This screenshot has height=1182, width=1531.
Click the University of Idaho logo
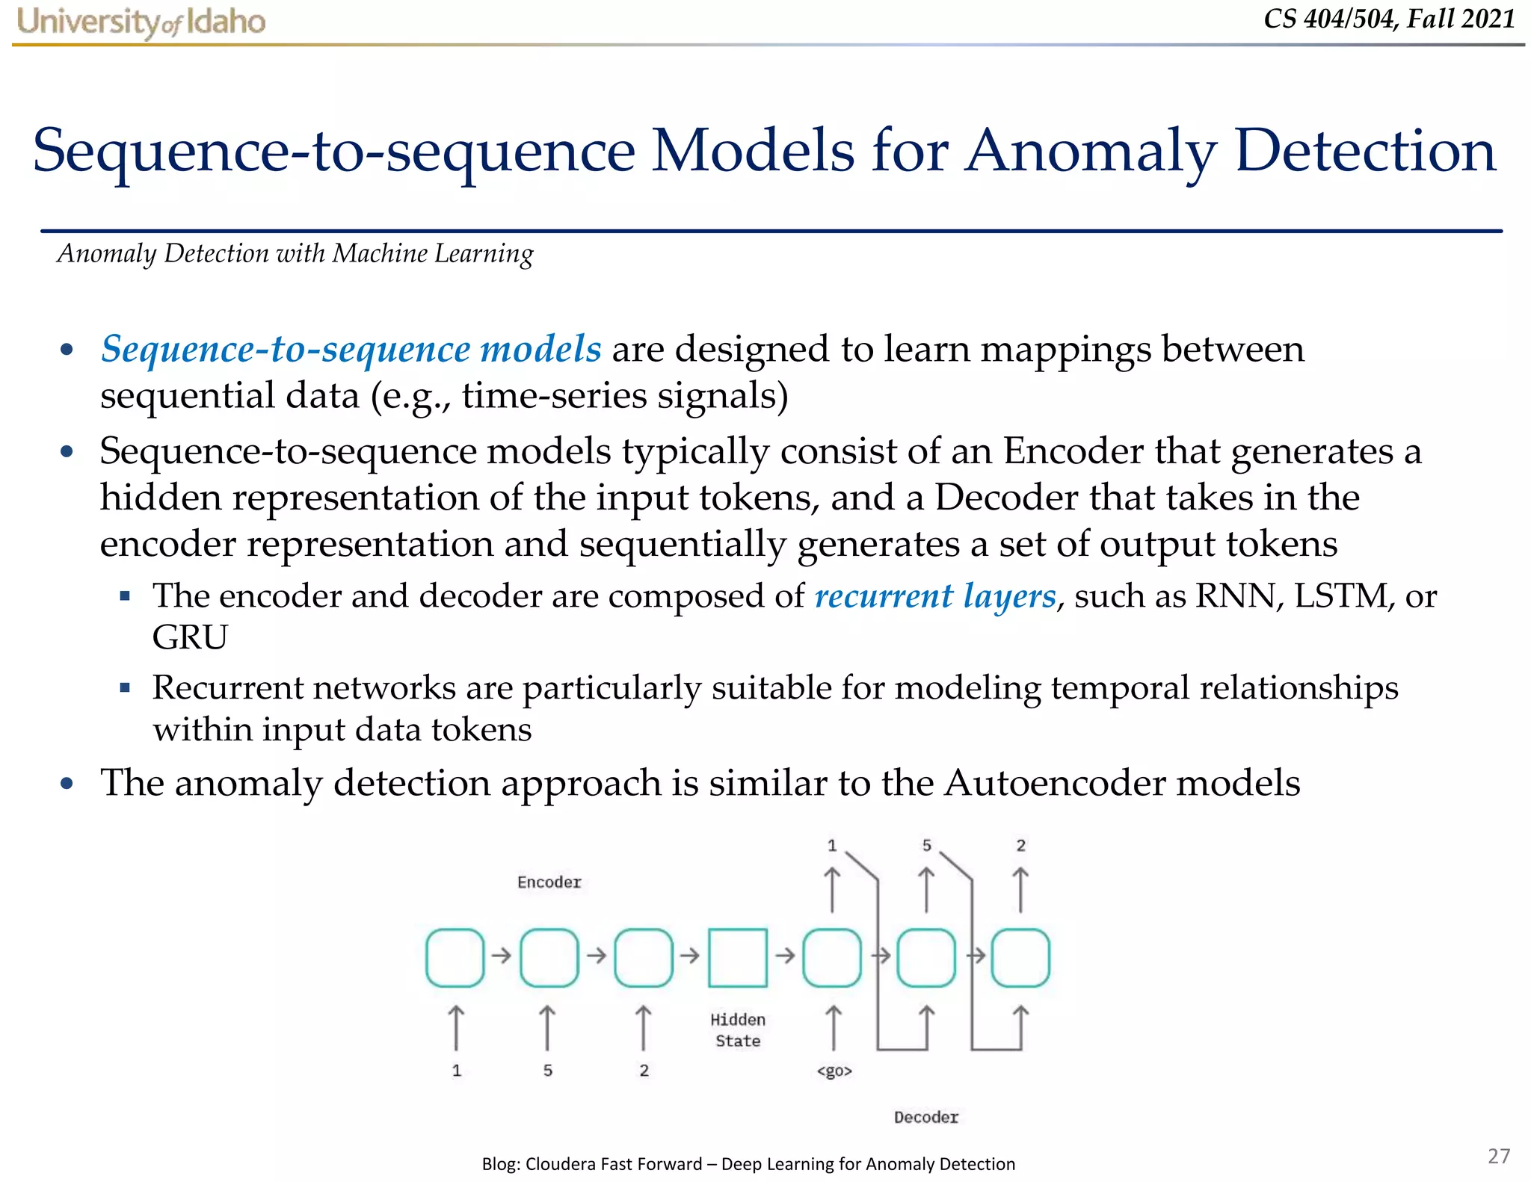pos(141,22)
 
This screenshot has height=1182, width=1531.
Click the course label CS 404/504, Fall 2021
pos(1389,19)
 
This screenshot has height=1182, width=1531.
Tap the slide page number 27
pos(1498,1156)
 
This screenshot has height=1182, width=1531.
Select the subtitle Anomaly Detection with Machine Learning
pos(295,254)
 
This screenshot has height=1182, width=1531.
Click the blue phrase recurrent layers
pos(935,596)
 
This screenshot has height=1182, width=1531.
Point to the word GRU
pos(190,637)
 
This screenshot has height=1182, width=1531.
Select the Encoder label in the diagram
pos(549,882)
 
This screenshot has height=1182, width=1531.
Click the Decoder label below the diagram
pos(925,1117)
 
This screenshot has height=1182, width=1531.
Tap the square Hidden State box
pos(737,957)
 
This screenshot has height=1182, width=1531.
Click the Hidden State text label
pos(737,1030)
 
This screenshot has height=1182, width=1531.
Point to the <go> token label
pos(834,1071)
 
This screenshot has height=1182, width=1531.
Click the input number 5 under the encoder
pos(548,1071)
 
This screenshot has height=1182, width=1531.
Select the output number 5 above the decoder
pos(926,845)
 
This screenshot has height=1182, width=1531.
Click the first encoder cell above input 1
pos(455,957)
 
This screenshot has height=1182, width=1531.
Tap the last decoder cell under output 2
pos(1020,957)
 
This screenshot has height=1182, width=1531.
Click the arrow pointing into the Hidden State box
pos(690,955)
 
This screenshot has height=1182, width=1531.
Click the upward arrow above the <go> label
pos(833,1027)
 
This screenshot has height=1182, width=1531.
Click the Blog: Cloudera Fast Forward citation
pos(748,1163)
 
